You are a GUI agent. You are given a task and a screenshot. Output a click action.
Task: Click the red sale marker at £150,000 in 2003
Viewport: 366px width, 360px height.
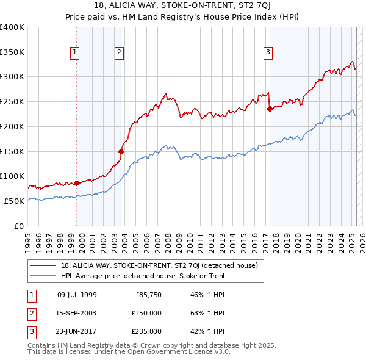click(121, 151)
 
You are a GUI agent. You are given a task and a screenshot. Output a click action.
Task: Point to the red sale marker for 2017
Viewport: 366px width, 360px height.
click(270, 109)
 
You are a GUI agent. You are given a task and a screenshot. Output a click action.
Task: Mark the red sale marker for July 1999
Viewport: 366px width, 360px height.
click(76, 183)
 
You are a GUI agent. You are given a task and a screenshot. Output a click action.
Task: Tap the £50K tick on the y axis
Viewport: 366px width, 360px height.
click(14, 201)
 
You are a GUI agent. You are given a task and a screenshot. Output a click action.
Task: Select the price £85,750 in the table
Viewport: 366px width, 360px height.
click(148, 295)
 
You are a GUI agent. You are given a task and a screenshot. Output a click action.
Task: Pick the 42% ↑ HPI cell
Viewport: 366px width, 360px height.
click(208, 331)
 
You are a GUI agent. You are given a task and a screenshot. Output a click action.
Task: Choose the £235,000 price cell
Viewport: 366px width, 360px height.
click(146, 331)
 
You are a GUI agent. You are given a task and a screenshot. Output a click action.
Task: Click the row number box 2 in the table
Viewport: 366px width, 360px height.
click(30, 313)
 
